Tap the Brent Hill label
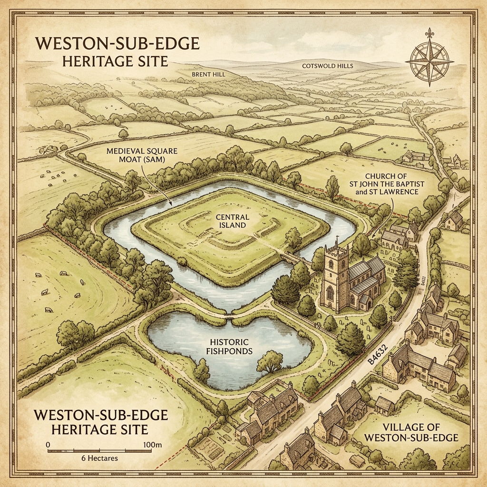pos(208,75)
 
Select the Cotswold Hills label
pos(328,66)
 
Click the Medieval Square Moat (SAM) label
pos(143,155)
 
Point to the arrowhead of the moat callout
pos(170,205)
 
